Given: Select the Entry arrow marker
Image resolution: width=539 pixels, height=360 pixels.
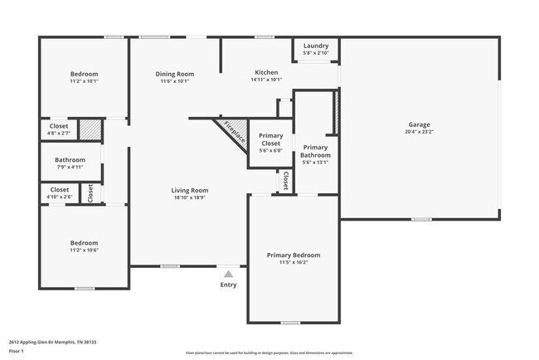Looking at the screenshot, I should point(228,272).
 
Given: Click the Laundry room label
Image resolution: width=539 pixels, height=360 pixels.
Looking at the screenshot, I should point(316,46).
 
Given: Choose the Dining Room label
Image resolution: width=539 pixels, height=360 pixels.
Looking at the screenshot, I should point(175,74).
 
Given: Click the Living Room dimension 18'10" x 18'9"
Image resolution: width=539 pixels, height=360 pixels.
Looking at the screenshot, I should point(190,197).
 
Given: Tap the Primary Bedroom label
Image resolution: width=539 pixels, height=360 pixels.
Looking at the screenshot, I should point(293,255).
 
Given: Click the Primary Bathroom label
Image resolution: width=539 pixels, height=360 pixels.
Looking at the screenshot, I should point(315,151).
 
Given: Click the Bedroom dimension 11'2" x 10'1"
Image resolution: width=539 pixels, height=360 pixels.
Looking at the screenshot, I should point(83,81).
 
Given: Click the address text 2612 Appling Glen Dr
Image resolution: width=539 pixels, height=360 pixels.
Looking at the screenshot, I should point(42,340).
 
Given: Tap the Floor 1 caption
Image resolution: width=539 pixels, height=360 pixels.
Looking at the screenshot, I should point(17,351).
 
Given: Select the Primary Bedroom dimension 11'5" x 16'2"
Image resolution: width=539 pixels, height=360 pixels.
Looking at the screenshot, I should point(293,263).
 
